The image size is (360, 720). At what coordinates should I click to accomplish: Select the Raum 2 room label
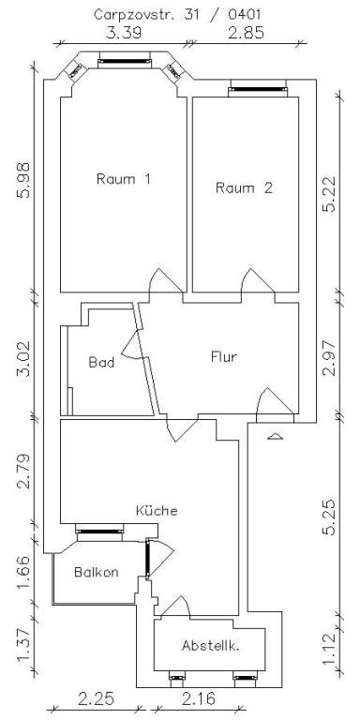244,187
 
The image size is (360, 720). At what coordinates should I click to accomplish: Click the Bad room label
100,362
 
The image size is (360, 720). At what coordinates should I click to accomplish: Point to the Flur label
223,356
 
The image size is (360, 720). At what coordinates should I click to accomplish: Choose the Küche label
156,511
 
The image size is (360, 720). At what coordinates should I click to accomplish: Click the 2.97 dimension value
329,356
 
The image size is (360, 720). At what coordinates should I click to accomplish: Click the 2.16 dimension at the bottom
200,699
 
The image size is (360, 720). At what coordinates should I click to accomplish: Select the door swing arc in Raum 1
161,280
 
